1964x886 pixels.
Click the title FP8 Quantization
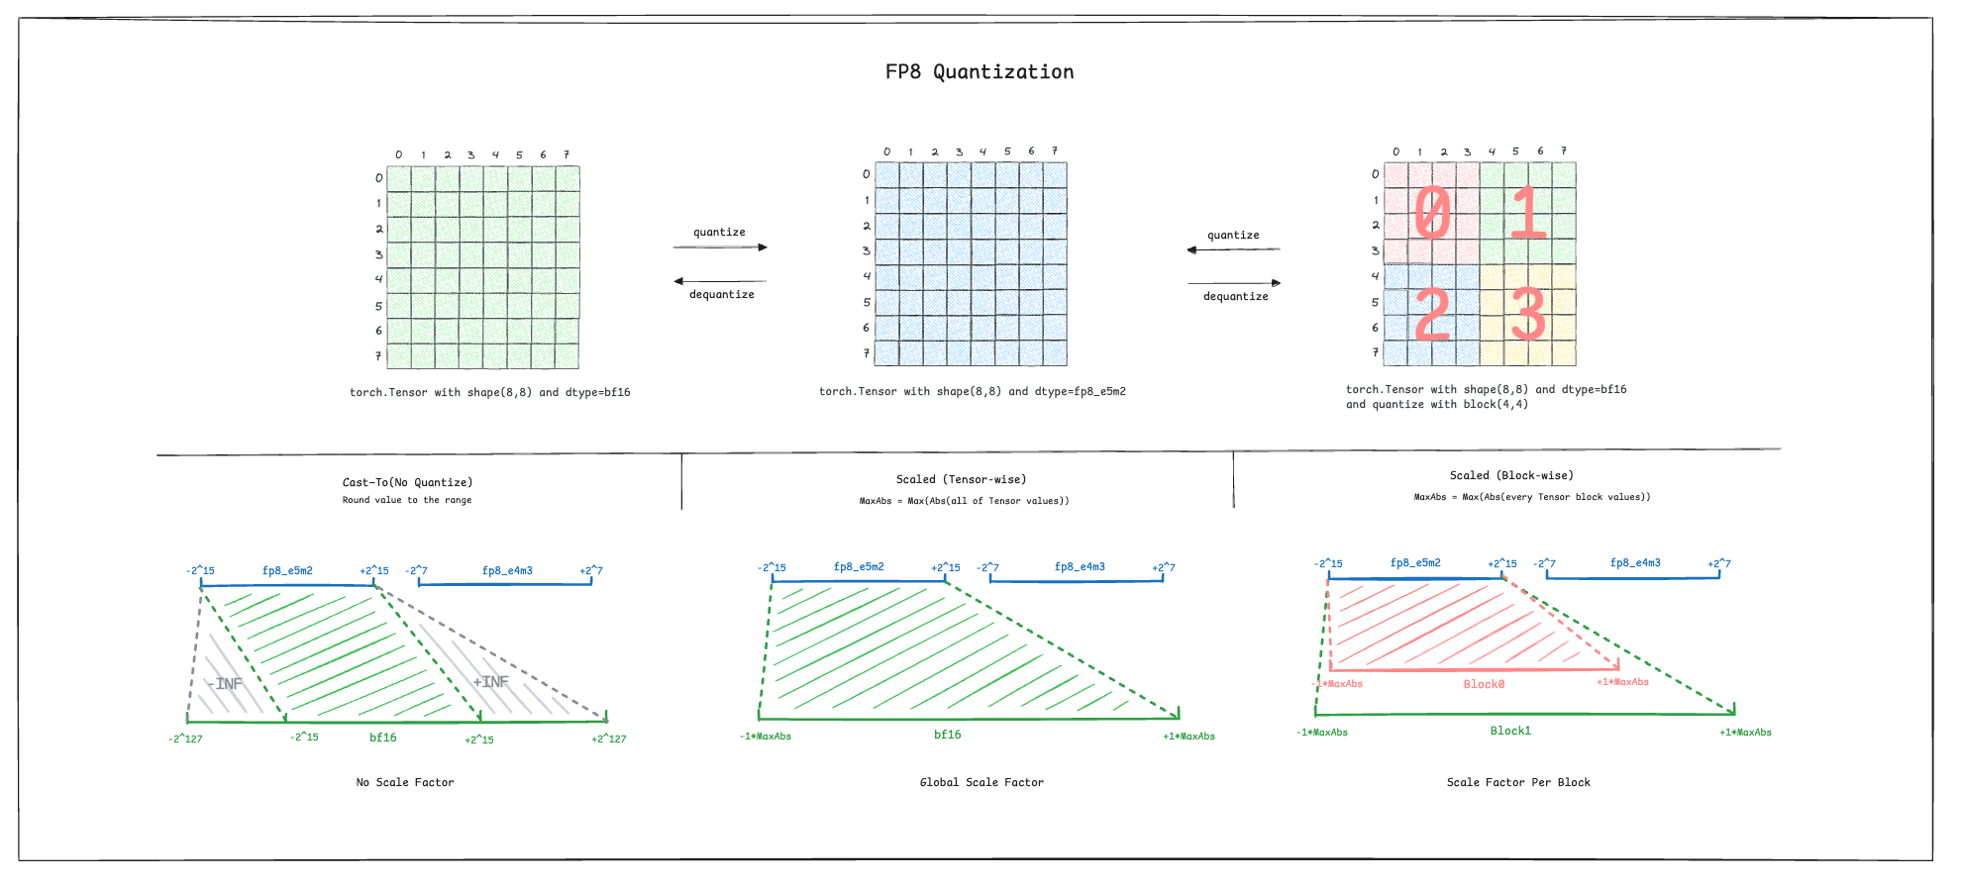980,72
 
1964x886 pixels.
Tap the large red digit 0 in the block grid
1432,213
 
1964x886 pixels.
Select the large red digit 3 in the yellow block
1528,314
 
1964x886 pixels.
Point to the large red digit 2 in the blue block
1432,314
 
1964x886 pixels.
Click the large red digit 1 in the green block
1528,213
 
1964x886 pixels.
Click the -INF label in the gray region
225,684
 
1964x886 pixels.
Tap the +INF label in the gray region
490,682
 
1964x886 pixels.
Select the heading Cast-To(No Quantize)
407,482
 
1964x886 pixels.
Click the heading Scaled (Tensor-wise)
961,479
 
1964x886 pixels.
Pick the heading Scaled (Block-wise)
1511,475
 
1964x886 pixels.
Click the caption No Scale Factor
405,782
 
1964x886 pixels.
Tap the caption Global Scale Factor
982,782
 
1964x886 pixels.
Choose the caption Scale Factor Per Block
1518,782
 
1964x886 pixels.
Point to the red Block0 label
1484,684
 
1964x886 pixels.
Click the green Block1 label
1510,731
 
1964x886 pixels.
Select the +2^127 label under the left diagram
609,738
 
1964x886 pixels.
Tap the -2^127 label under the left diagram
185,738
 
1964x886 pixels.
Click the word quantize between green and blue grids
719,233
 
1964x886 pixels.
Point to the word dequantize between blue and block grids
1235,296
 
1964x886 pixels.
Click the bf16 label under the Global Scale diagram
948,735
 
